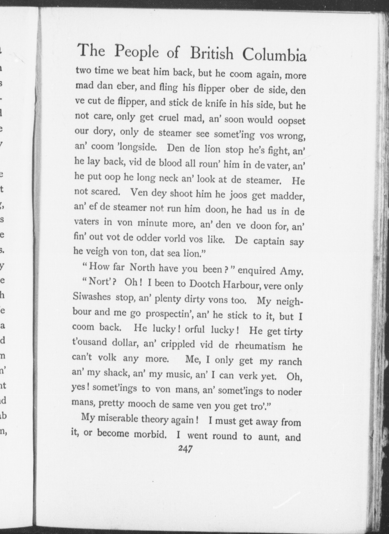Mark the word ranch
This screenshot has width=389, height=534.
tap(290, 362)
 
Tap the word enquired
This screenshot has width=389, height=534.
tap(256, 270)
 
